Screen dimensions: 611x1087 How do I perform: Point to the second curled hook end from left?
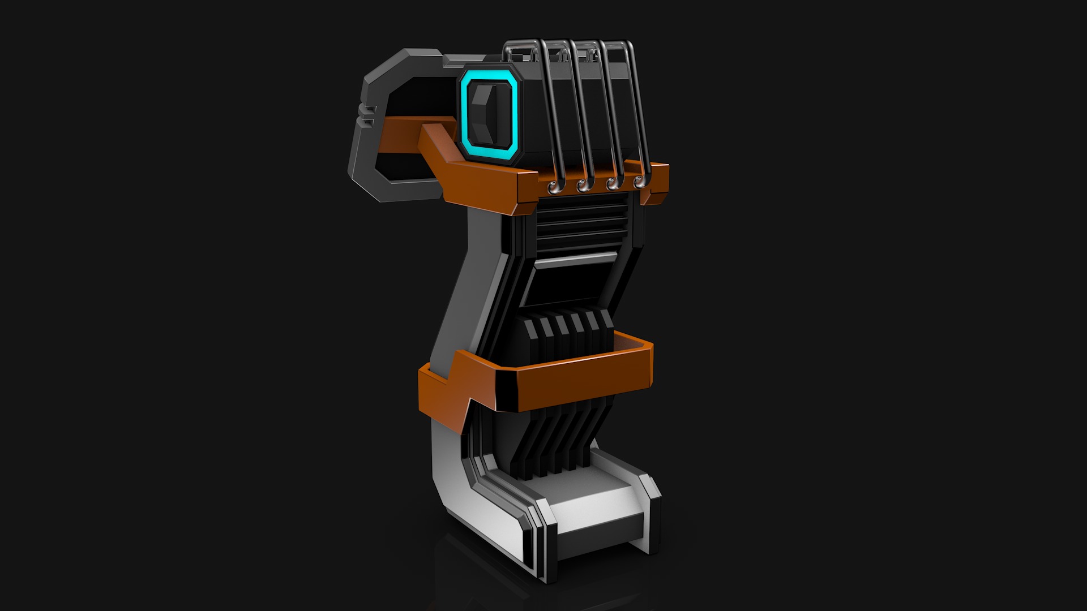click(x=581, y=184)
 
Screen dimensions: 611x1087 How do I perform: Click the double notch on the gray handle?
click(x=368, y=114)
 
